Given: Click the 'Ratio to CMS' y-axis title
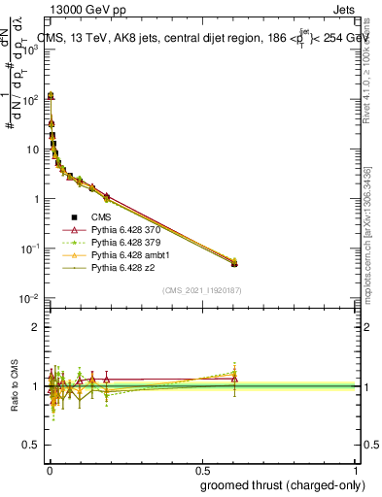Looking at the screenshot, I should (13, 386).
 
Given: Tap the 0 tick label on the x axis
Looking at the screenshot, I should (49, 470).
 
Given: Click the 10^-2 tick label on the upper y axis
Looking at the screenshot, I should (28, 298).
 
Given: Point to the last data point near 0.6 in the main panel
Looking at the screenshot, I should (234, 263).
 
